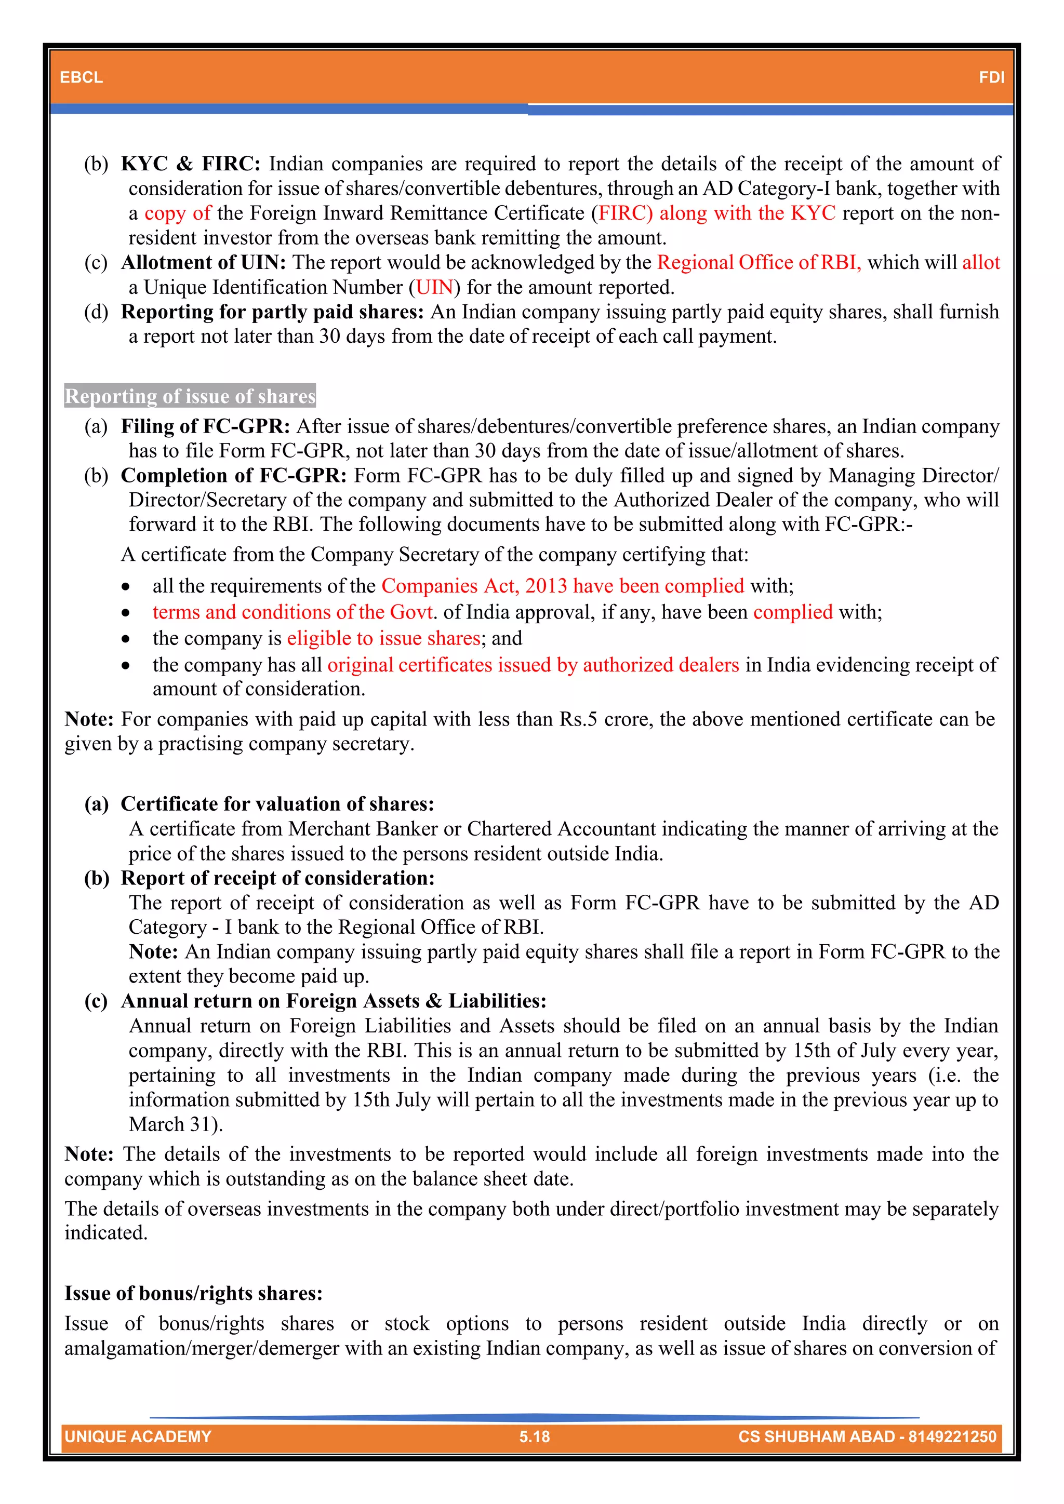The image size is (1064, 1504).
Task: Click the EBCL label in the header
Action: [81, 77]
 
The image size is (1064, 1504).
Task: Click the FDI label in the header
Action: [991, 77]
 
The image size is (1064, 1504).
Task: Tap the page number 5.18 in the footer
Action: [534, 1436]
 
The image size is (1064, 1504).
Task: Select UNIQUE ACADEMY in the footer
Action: [138, 1436]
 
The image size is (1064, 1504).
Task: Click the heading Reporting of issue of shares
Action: [190, 396]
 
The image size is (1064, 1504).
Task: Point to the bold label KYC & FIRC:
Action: [191, 163]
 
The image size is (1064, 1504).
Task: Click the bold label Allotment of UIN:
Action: [203, 262]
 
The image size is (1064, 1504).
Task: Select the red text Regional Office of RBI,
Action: [759, 262]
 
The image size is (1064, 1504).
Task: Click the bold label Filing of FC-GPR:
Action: [205, 426]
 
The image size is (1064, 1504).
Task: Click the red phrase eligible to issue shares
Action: [383, 638]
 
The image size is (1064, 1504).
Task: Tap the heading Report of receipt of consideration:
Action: [277, 878]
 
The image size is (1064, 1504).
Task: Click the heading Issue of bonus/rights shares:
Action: [193, 1293]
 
